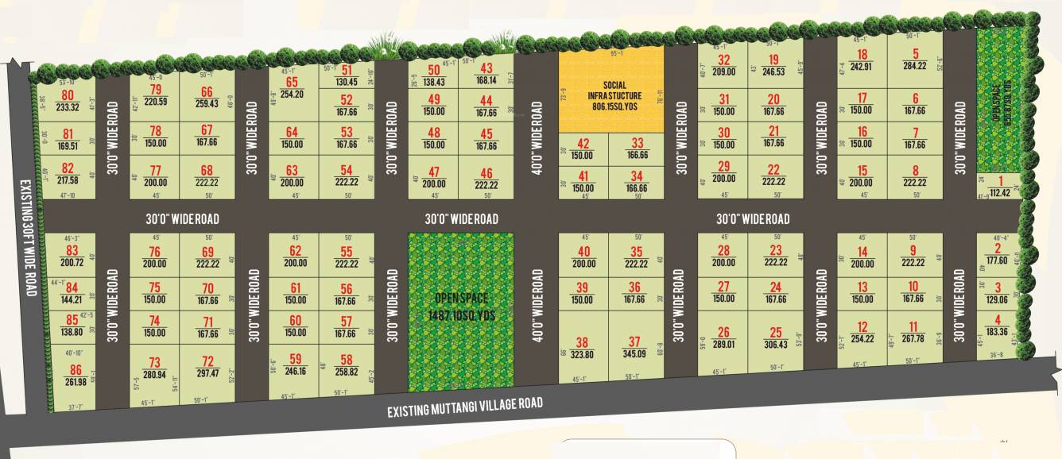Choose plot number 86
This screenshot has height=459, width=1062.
click(76, 369)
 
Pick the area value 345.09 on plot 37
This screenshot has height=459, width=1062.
click(634, 355)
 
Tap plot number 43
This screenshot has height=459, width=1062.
click(486, 69)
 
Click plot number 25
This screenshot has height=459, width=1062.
click(776, 333)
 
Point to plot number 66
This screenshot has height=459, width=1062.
click(207, 92)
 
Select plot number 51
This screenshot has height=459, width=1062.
click(346, 71)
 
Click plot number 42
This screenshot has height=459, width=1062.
click(583, 144)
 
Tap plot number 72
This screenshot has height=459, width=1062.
click(208, 361)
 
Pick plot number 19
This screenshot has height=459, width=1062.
click(773, 60)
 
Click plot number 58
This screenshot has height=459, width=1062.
click(346, 360)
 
